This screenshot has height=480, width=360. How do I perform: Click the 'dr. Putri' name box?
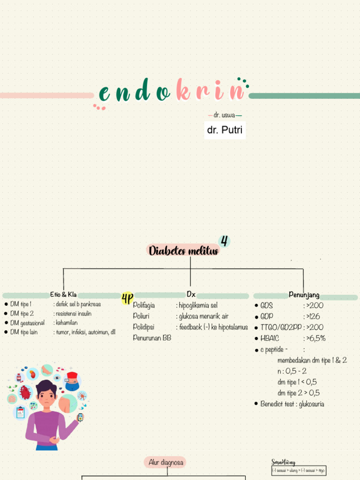(225, 130)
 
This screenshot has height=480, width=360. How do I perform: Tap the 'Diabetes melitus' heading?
(184, 251)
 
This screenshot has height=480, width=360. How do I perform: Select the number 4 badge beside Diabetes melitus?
(225, 241)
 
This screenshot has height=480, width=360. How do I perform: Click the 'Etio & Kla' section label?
(63, 295)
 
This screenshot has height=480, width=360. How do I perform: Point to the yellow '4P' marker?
(127, 298)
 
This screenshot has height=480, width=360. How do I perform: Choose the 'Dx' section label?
(191, 294)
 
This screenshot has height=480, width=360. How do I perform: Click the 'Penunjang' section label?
(304, 295)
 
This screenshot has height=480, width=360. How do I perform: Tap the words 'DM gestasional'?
(28, 323)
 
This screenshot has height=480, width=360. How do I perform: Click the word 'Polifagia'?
(144, 305)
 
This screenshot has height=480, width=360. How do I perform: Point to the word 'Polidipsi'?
(143, 327)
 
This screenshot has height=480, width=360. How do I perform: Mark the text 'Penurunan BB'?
(152, 338)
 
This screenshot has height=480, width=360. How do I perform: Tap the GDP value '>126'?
(312, 316)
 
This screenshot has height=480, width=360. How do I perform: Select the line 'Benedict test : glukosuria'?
(292, 404)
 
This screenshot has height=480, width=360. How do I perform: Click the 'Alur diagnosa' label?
(165, 463)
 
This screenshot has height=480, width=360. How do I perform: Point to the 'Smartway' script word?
(284, 463)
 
